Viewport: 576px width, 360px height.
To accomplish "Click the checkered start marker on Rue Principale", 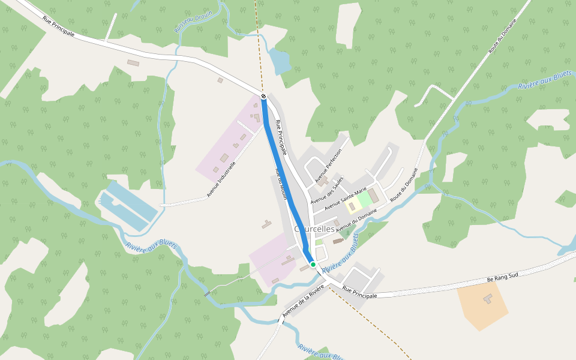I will click(x=263, y=96).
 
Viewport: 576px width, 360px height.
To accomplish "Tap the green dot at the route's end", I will click(x=313, y=264).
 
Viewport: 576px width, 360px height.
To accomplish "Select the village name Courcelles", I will click(x=315, y=229).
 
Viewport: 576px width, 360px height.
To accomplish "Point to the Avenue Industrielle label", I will click(x=221, y=177).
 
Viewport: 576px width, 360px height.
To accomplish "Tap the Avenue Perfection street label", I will click(x=328, y=165).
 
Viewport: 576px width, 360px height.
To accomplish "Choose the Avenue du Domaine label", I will click(x=356, y=221).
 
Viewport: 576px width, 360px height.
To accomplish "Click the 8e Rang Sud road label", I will click(x=502, y=278).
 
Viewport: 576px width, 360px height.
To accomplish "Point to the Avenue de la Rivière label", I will click(x=303, y=301).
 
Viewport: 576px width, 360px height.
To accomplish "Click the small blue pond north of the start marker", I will click(x=278, y=61).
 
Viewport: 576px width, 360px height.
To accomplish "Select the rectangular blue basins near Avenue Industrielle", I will click(x=128, y=207).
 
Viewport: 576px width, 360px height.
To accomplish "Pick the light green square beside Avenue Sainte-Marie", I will click(x=364, y=200).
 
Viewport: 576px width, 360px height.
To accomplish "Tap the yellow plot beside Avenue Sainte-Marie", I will click(x=352, y=206).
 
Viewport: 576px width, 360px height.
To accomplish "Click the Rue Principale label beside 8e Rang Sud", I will click(x=359, y=292).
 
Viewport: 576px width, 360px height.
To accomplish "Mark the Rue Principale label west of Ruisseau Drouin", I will click(x=59, y=26).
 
